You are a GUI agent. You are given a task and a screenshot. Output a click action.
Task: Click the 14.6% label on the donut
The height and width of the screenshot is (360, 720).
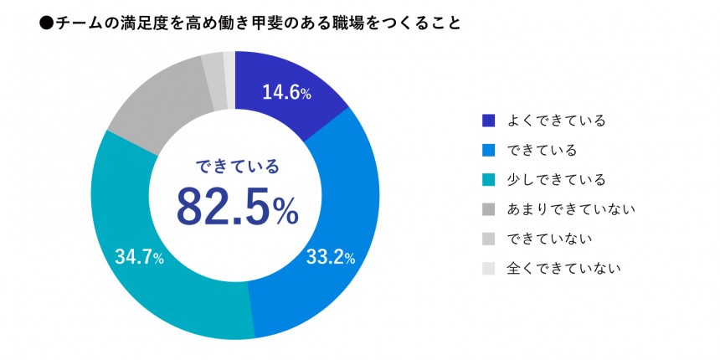coord(286,93)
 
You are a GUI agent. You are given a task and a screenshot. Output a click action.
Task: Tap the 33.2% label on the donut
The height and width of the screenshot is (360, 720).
coord(327,257)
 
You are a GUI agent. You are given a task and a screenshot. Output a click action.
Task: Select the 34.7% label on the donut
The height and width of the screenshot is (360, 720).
coord(138,257)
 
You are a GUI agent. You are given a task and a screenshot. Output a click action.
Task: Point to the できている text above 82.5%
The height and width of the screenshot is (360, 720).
coord(236,165)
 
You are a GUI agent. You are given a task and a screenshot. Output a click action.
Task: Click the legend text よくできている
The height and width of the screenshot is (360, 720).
coord(556,121)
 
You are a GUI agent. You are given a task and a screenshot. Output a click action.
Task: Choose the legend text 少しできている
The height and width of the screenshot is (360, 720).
coord(556,180)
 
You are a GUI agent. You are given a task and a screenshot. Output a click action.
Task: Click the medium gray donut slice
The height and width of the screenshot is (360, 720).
coord(155,109)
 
